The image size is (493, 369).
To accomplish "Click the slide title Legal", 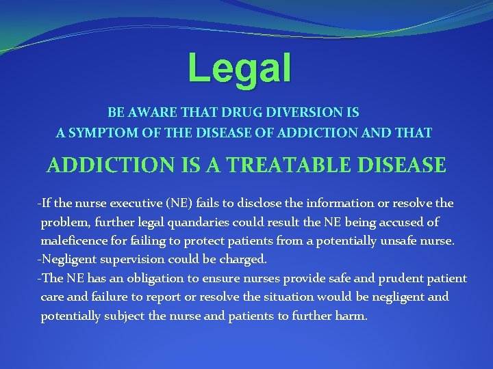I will point(240,68).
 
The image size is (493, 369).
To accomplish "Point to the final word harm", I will point(352,316).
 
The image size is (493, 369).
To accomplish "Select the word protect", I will point(219,241).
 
